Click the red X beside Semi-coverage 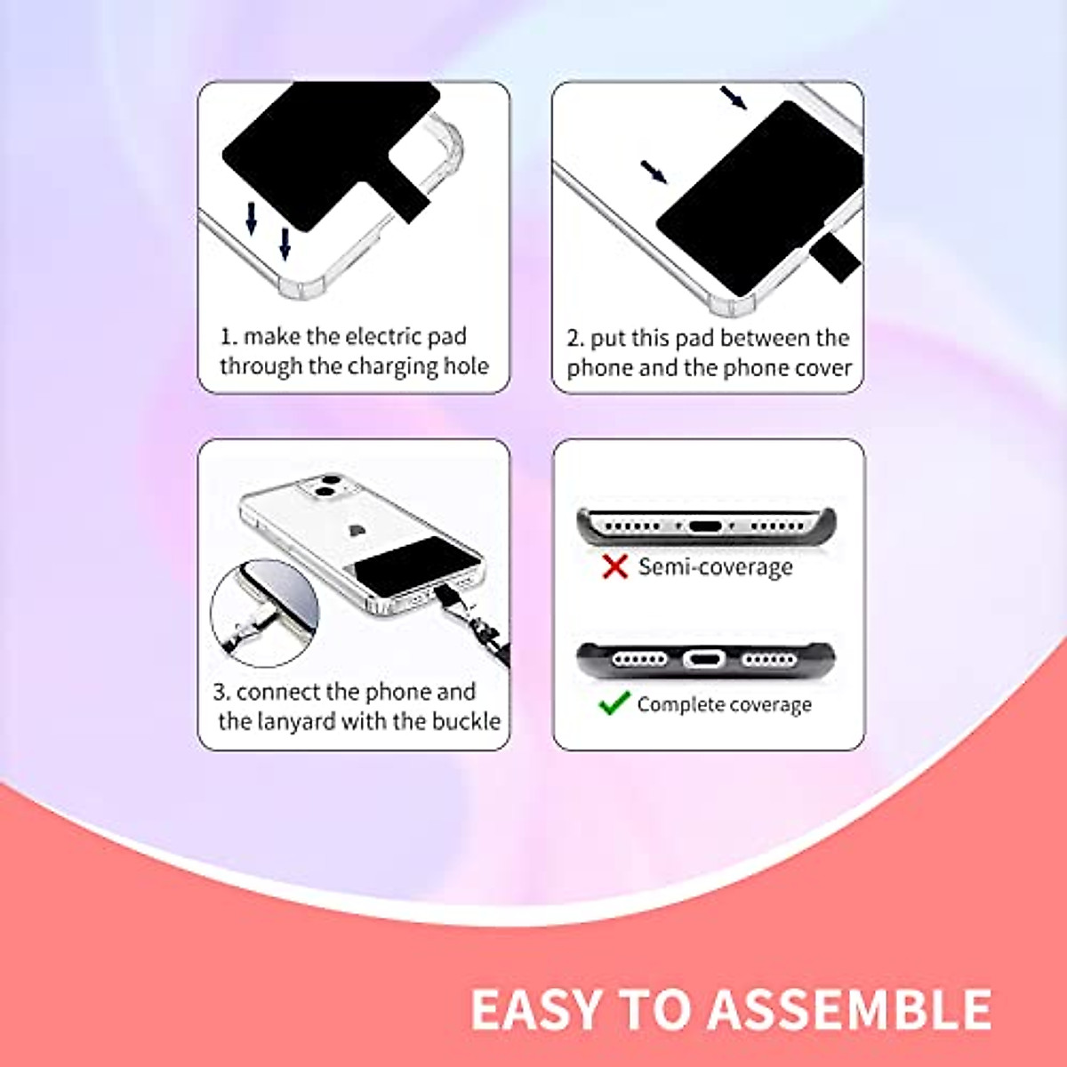click(x=614, y=566)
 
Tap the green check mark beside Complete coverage click(x=614, y=704)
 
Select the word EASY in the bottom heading click(x=536, y=1009)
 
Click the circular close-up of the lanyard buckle click(x=264, y=614)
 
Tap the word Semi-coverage click(x=715, y=567)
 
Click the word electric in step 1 click(x=383, y=336)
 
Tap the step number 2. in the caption click(x=575, y=339)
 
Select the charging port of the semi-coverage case click(x=705, y=526)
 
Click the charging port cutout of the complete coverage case click(x=704, y=660)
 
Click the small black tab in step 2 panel click(x=836, y=257)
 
